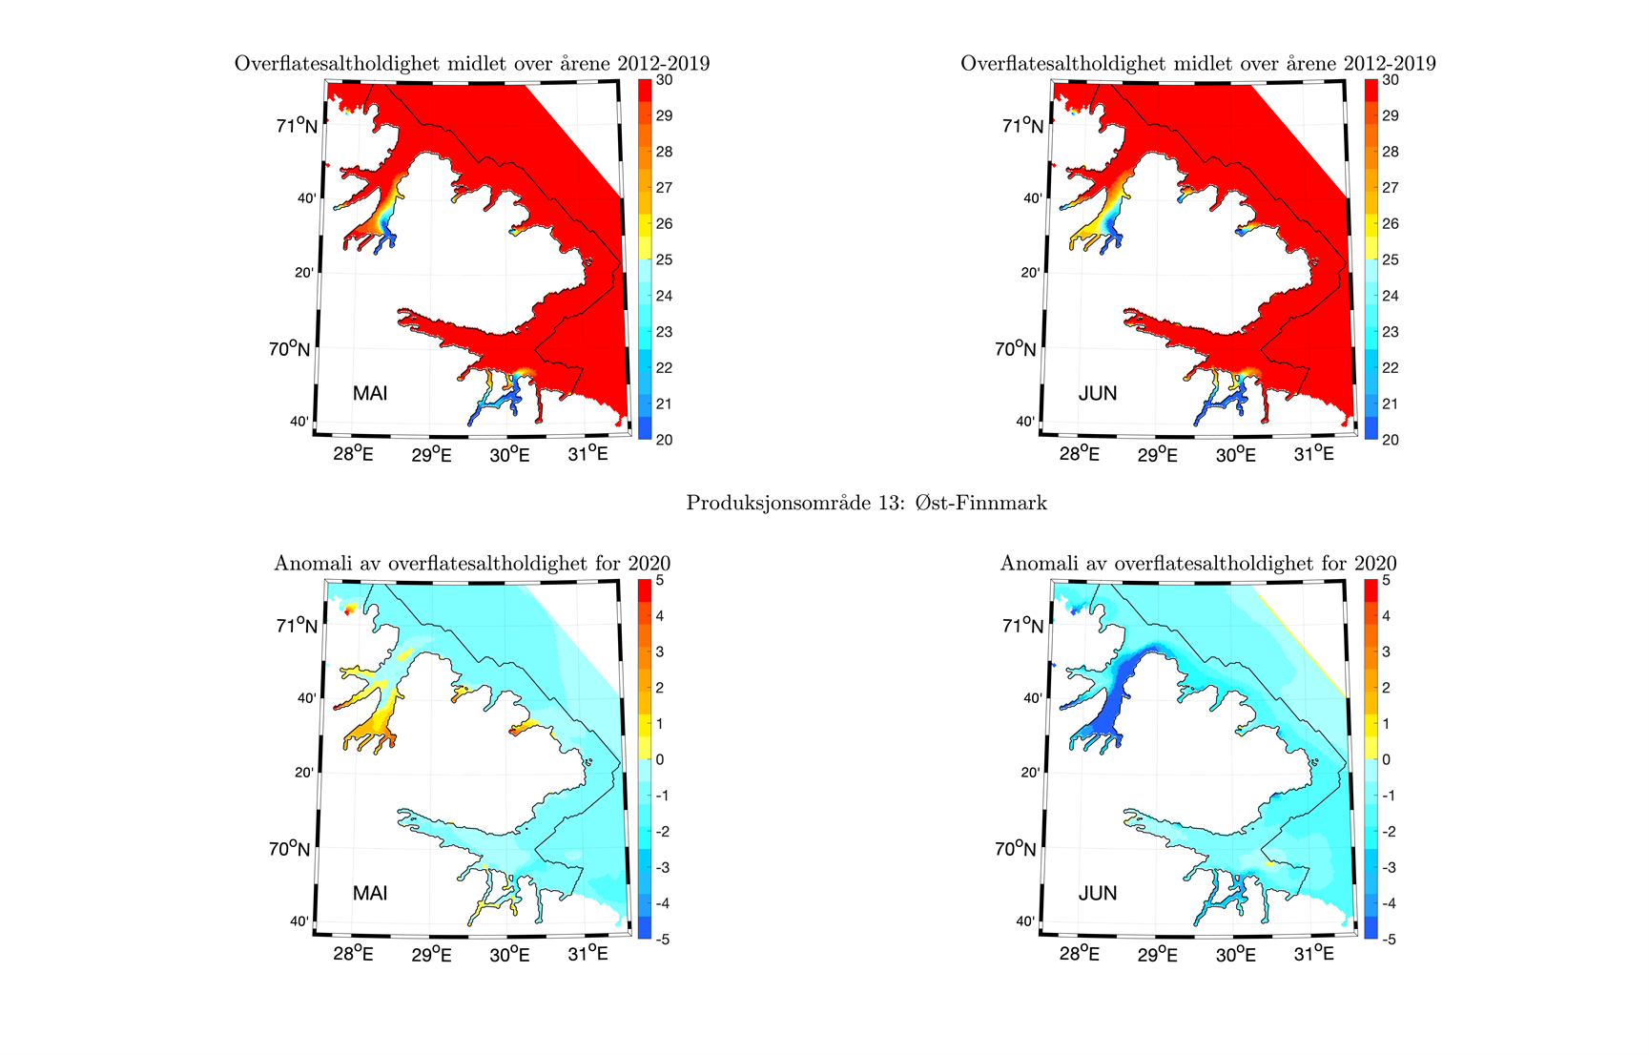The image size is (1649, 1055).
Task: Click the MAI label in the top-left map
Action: [x=370, y=394]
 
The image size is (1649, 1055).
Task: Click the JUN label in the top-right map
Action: [x=1097, y=394]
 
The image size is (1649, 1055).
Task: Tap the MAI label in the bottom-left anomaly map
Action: [x=370, y=894]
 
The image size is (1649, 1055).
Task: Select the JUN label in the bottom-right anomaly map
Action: [x=1097, y=894]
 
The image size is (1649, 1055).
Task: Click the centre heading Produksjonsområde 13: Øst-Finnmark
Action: [x=866, y=503]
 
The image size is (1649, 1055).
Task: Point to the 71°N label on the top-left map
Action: [x=298, y=126]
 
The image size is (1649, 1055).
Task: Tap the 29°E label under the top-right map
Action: [x=1158, y=455]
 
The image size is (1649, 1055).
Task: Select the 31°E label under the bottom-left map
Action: [x=588, y=954]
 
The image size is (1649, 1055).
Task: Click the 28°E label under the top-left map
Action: [x=353, y=455]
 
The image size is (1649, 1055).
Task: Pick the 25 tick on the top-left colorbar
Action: [x=664, y=259]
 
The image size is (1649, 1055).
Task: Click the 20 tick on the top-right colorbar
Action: [x=1391, y=440]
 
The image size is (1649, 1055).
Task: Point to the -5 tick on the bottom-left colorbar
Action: [x=662, y=940]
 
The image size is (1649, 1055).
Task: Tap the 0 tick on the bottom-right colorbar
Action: [x=1386, y=759]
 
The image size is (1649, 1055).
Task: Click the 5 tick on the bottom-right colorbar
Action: [x=1386, y=580]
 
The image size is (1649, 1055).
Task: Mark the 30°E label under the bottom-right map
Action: [x=1236, y=954]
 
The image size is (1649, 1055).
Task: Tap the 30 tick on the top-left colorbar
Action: [x=664, y=80]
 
